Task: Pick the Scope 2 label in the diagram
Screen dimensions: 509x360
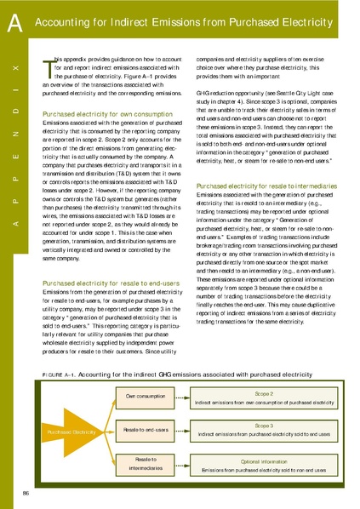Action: (x=264, y=394)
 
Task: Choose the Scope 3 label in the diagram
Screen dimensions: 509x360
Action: (x=264, y=425)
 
